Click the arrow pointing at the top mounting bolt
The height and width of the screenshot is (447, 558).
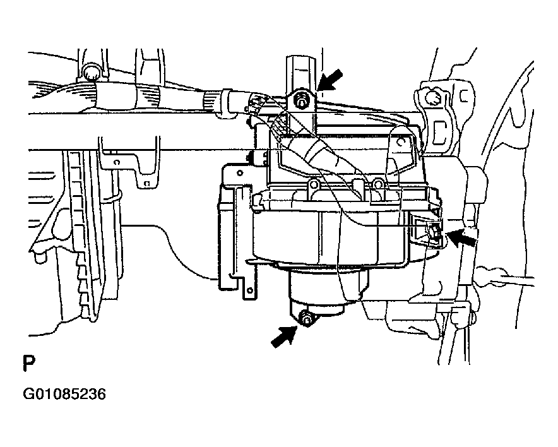click(330, 80)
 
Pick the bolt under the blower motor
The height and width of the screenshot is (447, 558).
click(306, 319)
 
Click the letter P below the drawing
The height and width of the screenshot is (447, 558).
click(29, 362)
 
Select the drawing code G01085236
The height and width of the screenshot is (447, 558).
click(64, 395)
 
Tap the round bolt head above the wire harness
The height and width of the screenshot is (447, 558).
click(90, 73)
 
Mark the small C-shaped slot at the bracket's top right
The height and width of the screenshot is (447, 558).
click(463, 95)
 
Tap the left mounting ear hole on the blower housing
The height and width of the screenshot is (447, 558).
click(313, 185)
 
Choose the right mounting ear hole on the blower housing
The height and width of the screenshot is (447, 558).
click(377, 184)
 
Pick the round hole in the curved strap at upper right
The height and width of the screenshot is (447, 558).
click(401, 142)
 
